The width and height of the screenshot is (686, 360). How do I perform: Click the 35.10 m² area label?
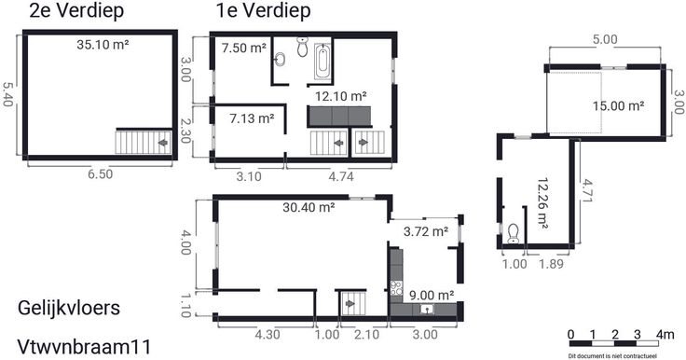(x=103, y=45)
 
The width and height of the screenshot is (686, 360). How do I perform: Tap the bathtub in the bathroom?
(x=322, y=62)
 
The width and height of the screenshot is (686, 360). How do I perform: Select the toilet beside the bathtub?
(x=302, y=47)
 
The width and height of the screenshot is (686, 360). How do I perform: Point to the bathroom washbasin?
(x=280, y=59)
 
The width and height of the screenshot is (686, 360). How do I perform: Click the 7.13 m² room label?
(x=252, y=118)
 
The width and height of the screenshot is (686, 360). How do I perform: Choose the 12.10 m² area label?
(x=341, y=96)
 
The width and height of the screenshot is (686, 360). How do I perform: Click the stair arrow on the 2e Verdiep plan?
(x=163, y=143)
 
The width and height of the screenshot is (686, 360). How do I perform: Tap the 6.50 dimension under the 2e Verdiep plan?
(x=100, y=173)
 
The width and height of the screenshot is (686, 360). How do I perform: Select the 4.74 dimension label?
(x=341, y=176)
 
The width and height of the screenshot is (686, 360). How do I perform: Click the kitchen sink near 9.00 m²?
(x=427, y=310)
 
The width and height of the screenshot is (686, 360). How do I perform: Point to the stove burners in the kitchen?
(x=396, y=288)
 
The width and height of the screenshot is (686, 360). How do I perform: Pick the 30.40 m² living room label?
(x=309, y=207)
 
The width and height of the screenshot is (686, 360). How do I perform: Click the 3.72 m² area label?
(x=426, y=231)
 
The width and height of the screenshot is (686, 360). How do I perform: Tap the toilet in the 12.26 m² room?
(x=513, y=234)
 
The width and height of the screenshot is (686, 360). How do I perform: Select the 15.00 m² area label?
(x=618, y=106)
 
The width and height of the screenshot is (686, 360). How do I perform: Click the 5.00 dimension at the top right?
(x=605, y=39)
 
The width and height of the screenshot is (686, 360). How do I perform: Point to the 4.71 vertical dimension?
(x=586, y=190)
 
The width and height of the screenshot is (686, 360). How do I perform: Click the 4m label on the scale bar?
(x=665, y=335)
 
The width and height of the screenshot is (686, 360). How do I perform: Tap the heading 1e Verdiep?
(x=264, y=11)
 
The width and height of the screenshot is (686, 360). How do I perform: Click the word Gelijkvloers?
(x=69, y=308)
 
